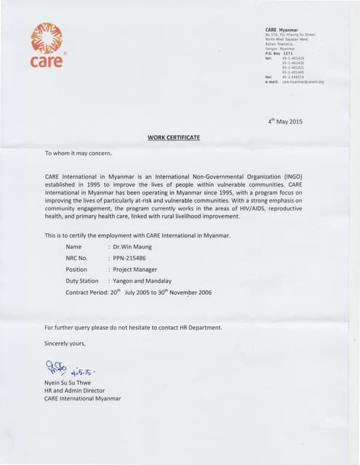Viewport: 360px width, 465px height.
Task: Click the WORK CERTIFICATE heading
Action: point(174,137)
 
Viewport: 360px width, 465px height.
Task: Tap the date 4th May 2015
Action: point(285,121)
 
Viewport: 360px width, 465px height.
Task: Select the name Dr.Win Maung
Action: point(132,247)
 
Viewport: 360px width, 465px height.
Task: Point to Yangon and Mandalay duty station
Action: point(143,280)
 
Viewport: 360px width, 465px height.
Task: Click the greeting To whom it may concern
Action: point(78,153)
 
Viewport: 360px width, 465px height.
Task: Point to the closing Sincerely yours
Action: point(65,343)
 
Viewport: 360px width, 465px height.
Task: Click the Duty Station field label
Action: point(82,280)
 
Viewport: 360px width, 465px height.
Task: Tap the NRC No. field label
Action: point(76,258)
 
